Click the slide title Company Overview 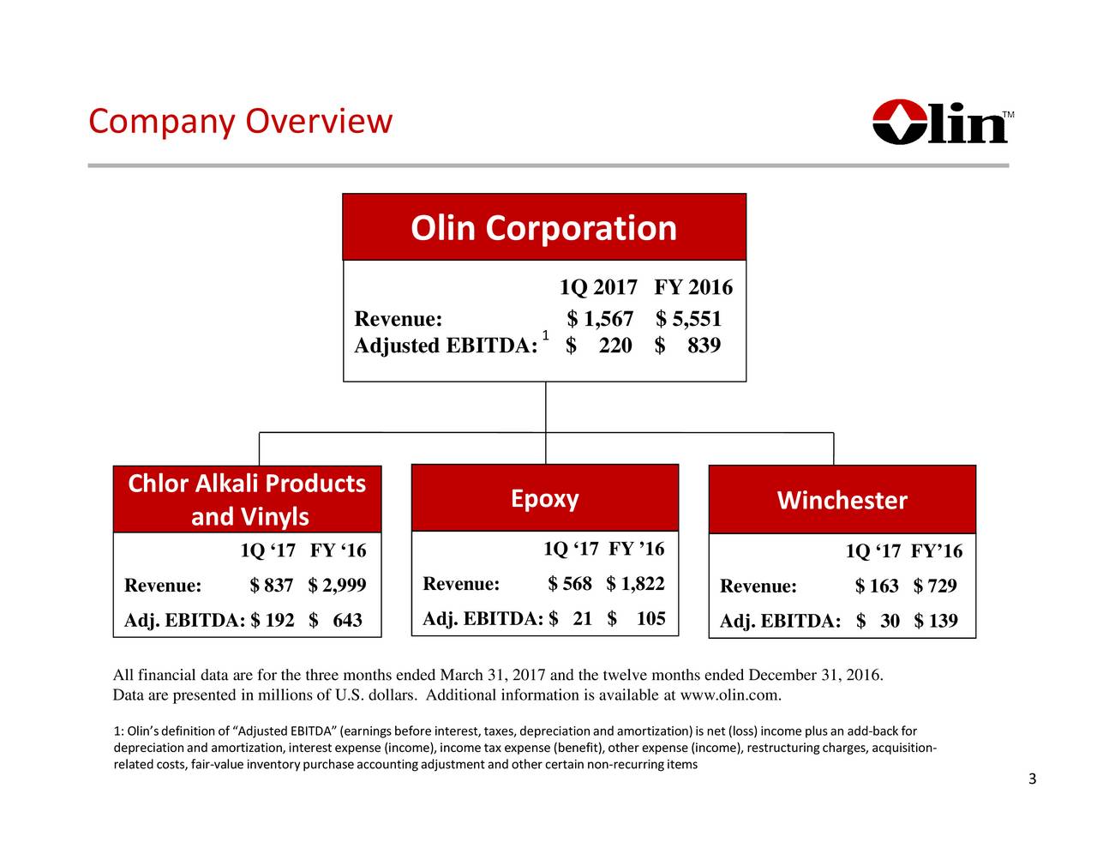(240, 122)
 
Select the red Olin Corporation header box (543, 227)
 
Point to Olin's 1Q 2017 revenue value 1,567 (608, 320)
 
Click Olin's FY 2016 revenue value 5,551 (697, 320)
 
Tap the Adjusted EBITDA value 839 (704, 346)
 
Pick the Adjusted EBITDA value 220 (614, 346)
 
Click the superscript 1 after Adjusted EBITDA (545, 334)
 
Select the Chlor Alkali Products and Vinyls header (247, 500)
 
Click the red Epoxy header (544, 498)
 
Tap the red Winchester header (842, 500)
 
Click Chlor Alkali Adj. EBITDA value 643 (347, 620)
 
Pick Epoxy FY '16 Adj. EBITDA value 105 (650, 618)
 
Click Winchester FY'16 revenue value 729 (942, 586)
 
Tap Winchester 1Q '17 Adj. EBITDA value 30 (889, 621)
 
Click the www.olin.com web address (728, 695)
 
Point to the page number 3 (1032, 779)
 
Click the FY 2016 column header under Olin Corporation (692, 286)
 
